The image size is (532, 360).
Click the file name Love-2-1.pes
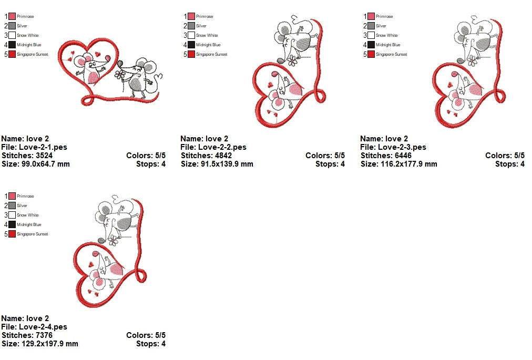[43, 147]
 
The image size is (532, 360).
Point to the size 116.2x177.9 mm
[408, 164]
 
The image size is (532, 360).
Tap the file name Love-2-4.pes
[43, 327]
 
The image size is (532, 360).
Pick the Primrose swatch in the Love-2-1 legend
[12, 16]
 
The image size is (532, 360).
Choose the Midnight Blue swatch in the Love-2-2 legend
[191, 45]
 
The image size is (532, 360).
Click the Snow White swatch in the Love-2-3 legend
[371, 35]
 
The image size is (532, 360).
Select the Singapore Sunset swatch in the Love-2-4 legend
[12, 234]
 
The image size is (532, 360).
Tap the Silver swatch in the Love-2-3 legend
[371, 26]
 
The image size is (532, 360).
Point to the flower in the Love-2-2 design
[292, 61]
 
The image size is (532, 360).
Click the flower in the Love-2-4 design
[113, 241]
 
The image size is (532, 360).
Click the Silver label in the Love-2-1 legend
[22, 26]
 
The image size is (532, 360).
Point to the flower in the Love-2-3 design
[472, 61]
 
